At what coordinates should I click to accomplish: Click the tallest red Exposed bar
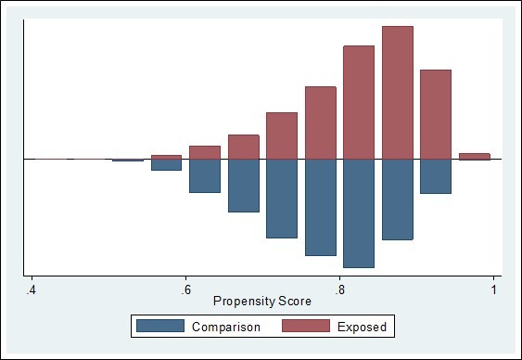pos(397,92)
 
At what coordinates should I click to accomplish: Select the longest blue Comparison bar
pos(359,213)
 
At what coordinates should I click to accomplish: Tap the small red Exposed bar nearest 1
pos(474,156)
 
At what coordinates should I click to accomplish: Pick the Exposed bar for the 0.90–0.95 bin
pos(435,114)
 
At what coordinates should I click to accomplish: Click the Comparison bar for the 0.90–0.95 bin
pos(435,176)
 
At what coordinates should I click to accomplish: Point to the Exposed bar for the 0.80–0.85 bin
pos(359,102)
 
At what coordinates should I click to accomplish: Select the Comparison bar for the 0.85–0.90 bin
pos(397,199)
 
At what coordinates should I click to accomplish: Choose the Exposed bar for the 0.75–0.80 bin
pos(320,122)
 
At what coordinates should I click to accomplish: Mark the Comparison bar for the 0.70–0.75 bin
pos(282,199)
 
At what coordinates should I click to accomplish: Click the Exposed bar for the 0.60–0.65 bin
pos(205,152)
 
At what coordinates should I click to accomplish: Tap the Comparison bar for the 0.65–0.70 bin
pos(243,186)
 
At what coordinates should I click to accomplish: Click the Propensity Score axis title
pos(262,302)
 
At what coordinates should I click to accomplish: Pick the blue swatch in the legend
pos(159,327)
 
